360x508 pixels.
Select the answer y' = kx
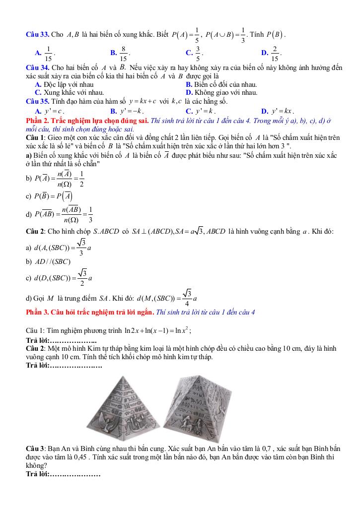pyautogui.click(x=282, y=111)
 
